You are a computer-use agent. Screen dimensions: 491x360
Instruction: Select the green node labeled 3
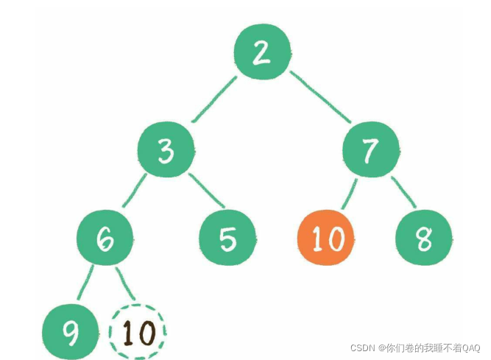[x=166, y=151]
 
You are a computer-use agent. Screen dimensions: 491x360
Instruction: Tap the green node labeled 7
[x=371, y=151]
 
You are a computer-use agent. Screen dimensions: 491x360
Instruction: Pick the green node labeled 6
[x=105, y=239]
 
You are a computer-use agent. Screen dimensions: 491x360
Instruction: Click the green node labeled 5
[x=228, y=239]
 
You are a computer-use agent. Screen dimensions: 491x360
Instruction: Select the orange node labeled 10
[x=325, y=239]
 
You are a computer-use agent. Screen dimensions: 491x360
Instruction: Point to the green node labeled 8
[x=424, y=239]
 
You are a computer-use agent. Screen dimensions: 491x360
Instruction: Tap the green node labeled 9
[x=71, y=333]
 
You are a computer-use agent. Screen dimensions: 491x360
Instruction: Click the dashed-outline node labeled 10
[x=138, y=333]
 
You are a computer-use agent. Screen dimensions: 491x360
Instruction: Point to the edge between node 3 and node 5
[x=207, y=190]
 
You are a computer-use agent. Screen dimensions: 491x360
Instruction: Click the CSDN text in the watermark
[x=362, y=347]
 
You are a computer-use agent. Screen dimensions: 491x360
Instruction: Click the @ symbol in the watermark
[x=381, y=347]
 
